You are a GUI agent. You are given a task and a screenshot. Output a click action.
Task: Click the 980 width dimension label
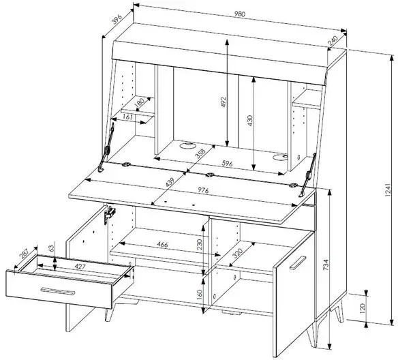pos(240,14)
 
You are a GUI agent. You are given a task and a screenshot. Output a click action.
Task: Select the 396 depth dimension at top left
pos(117,20)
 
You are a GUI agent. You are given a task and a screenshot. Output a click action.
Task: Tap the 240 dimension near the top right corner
pos(333,41)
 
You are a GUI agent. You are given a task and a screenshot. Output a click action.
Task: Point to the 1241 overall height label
pos(387,190)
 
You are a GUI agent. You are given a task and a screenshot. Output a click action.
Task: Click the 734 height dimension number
pos(326,265)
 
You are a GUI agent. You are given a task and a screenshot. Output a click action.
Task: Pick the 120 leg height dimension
pos(363,307)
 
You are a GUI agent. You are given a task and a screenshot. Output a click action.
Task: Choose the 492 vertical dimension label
pos(224,102)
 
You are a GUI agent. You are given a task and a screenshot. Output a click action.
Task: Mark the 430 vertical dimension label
pos(250,121)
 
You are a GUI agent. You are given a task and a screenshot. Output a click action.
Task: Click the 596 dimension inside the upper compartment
pos(227,163)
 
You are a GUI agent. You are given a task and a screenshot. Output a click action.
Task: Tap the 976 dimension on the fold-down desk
pos(203,190)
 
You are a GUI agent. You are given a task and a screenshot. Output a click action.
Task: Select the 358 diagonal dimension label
pos(200,154)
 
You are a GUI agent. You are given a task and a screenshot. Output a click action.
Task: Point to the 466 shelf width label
pos(162,245)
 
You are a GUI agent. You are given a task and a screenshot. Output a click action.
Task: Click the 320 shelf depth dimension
pos(237,253)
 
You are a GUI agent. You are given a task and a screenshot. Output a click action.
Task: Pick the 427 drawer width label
pos(80,267)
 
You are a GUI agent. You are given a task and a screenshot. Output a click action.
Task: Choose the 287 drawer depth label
pos(25,254)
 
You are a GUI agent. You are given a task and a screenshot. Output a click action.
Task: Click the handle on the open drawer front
pos(58,291)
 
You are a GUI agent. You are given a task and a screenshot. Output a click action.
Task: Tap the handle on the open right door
pos(298,262)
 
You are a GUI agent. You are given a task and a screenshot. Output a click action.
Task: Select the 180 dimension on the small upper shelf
pos(139,102)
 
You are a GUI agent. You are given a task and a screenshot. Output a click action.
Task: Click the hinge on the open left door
pos(110,213)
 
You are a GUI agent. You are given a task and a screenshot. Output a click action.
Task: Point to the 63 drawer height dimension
pos(52,247)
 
